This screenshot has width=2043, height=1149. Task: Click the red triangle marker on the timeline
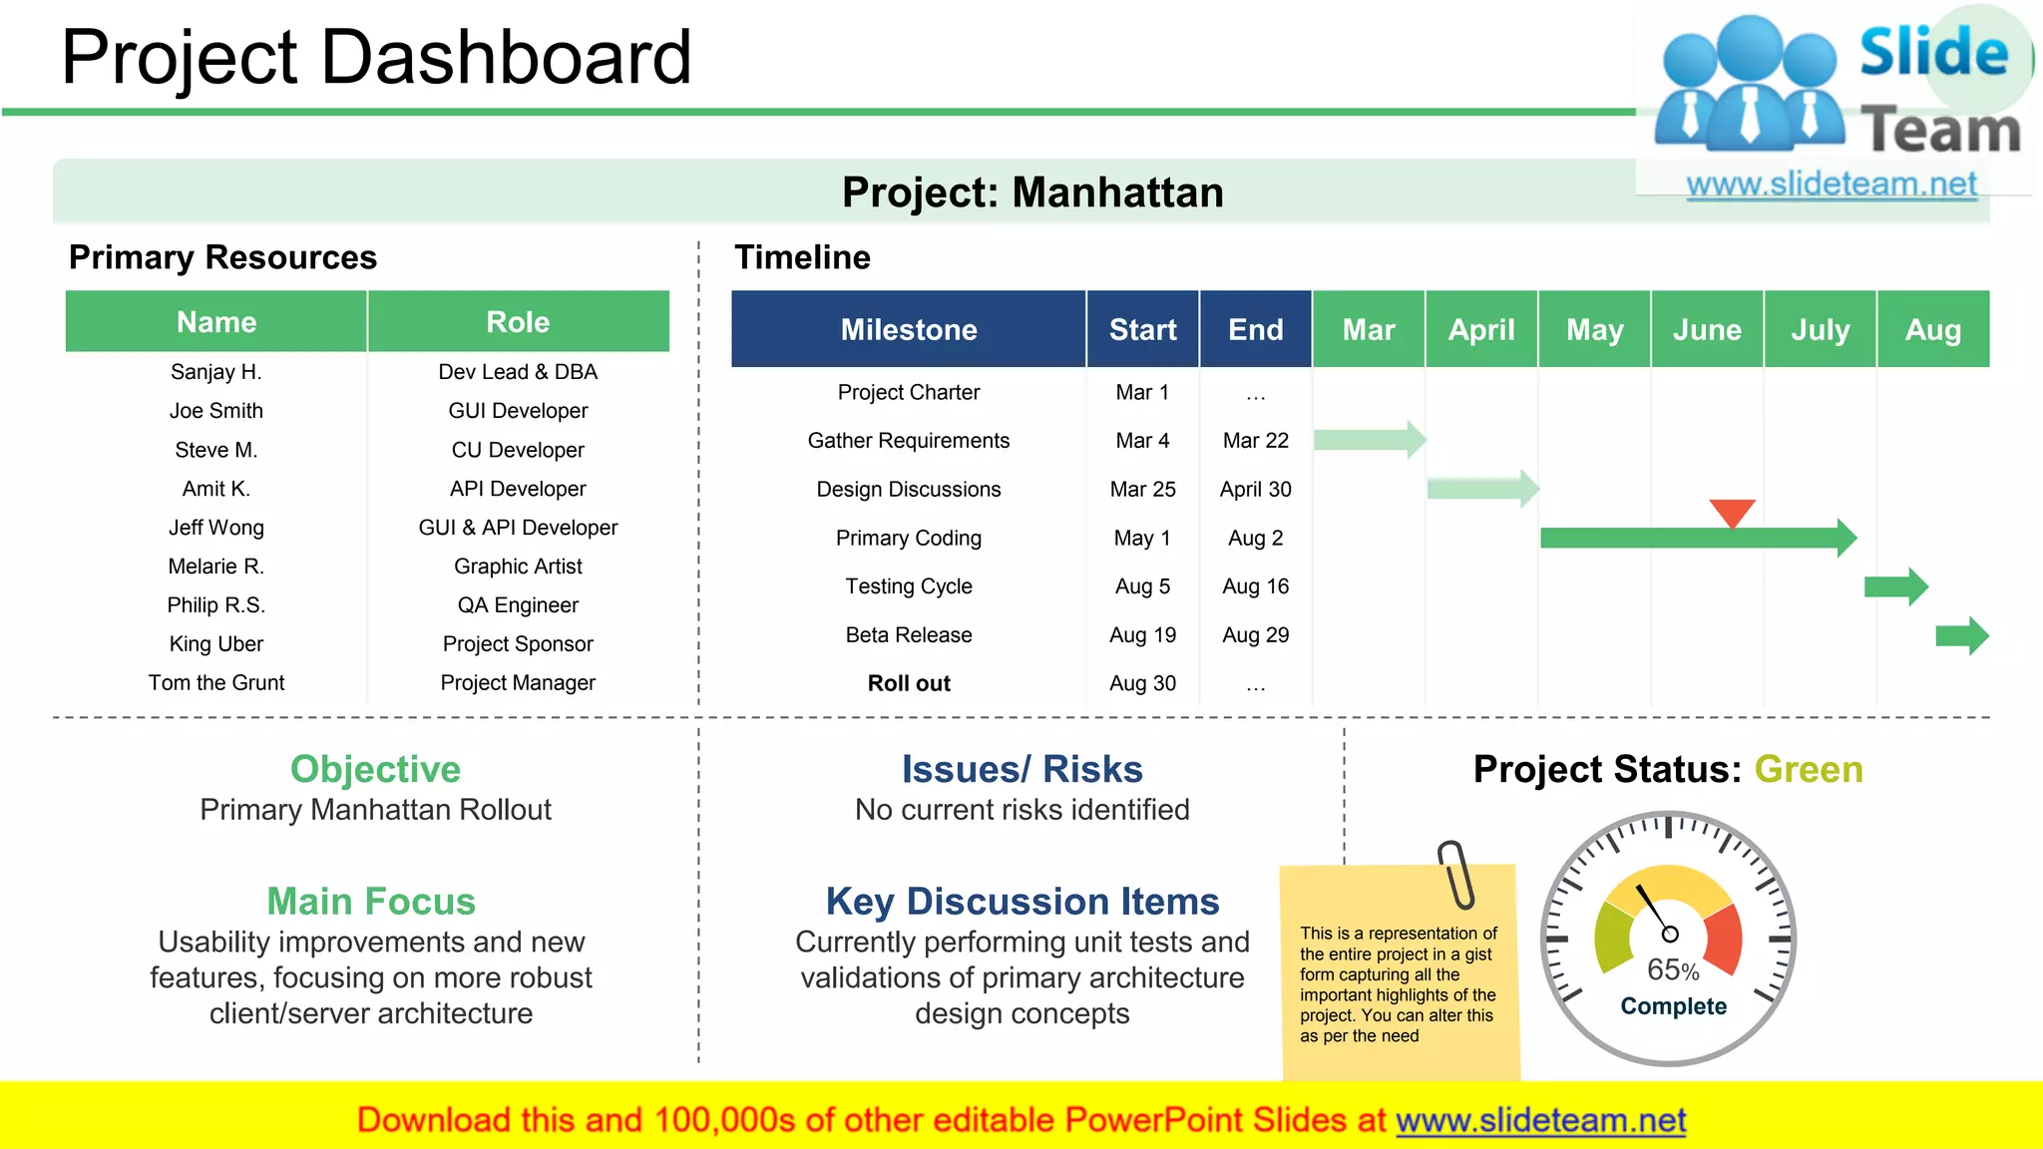pyautogui.click(x=1732, y=512)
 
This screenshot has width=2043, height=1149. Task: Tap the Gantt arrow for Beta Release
pyautogui.click(x=1961, y=635)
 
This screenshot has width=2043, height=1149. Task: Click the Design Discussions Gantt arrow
pyautogui.click(x=1482, y=489)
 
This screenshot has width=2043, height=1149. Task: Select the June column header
pyautogui.click(x=1707, y=330)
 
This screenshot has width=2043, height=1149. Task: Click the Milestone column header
pyautogui.click(x=908, y=330)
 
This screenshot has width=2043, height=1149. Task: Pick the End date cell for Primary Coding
pyautogui.click(x=1255, y=539)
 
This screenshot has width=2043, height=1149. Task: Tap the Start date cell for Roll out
pyautogui.click(x=1142, y=683)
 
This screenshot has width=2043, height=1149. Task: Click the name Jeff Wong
pyautogui.click(x=216, y=528)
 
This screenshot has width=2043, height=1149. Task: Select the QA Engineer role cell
pyautogui.click(x=518, y=605)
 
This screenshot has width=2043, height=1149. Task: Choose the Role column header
pyautogui.click(x=518, y=322)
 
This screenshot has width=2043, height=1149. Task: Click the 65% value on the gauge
pyautogui.click(x=1672, y=969)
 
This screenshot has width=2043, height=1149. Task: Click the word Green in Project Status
pyautogui.click(x=1808, y=769)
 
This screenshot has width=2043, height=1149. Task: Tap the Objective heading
pyautogui.click(x=375, y=769)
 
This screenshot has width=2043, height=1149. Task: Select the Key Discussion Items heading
pyautogui.click(x=1021, y=902)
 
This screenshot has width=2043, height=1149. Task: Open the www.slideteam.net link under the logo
pyautogui.click(x=1832, y=185)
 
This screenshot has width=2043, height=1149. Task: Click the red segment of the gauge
pyautogui.click(x=1726, y=939)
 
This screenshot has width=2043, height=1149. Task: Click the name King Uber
pyautogui.click(x=216, y=644)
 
